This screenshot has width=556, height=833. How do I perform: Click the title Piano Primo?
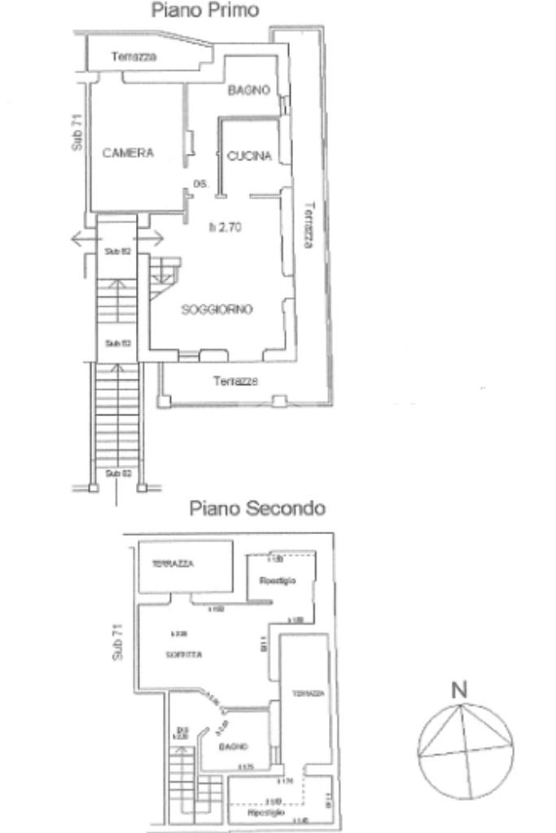point(205,11)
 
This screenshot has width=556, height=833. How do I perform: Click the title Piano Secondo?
point(258,509)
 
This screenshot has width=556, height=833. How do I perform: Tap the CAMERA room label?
point(128,152)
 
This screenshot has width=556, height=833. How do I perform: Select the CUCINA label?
point(249,157)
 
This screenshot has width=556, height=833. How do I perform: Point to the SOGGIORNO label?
point(217,309)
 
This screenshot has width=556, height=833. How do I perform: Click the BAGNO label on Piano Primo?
point(249,90)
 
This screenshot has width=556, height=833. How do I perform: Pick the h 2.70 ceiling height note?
point(225,228)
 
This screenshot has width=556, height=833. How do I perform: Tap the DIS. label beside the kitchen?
point(201,185)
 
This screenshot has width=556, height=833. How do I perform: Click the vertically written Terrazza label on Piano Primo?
point(308,224)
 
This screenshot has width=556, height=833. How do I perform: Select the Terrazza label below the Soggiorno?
point(236,381)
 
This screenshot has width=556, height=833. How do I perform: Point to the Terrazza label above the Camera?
point(134,57)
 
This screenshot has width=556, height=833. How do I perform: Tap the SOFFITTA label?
point(186,654)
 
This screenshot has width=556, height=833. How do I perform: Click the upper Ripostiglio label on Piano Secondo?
point(277,581)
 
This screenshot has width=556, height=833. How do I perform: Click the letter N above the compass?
point(460,690)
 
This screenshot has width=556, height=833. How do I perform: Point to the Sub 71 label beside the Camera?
point(77,132)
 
